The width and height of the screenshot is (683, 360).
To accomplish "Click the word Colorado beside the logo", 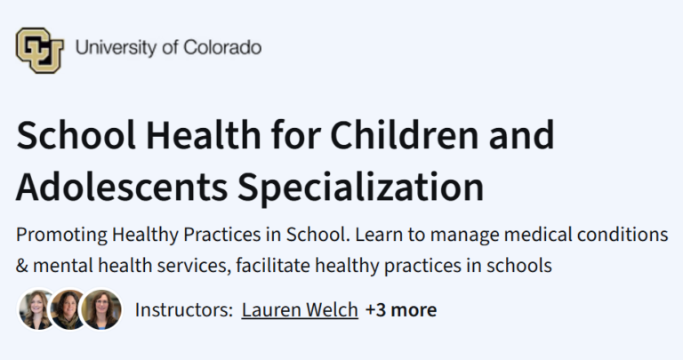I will pyautogui.click(x=223, y=47).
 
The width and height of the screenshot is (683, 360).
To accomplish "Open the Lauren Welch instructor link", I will pyautogui.click(x=300, y=310).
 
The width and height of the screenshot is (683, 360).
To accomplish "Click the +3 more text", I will pyautogui.click(x=401, y=310).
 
